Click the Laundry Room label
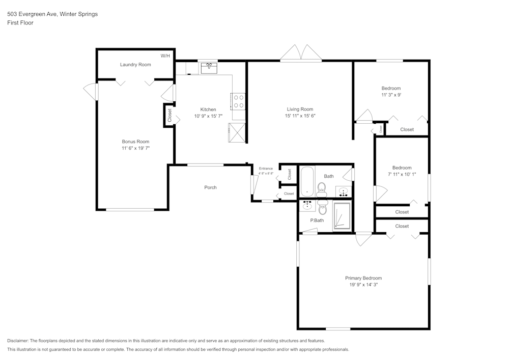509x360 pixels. [x=135, y=65]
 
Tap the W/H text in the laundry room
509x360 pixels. [x=165, y=56]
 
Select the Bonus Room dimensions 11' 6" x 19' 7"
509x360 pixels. [x=135, y=148]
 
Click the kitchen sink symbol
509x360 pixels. [x=209, y=67]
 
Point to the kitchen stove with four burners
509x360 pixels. [x=238, y=101]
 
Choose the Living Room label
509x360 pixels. [x=300, y=109]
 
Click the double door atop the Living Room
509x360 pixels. [x=300, y=53]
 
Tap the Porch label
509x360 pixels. [x=210, y=187]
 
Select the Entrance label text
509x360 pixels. [x=266, y=169]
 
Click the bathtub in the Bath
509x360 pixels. [x=307, y=182]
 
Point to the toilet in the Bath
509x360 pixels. [x=322, y=189]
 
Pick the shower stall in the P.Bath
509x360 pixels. [x=342, y=217]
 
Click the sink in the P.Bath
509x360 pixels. [x=307, y=206]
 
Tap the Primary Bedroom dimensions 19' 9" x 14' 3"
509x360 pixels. [x=363, y=285]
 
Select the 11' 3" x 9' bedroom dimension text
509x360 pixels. [x=391, y=95]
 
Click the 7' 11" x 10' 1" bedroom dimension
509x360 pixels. [x=402, y=174]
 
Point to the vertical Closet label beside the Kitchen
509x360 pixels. [x=169, y=115]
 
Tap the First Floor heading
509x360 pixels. [x=20, y=23]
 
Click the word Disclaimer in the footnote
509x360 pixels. [x=18, y=341]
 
